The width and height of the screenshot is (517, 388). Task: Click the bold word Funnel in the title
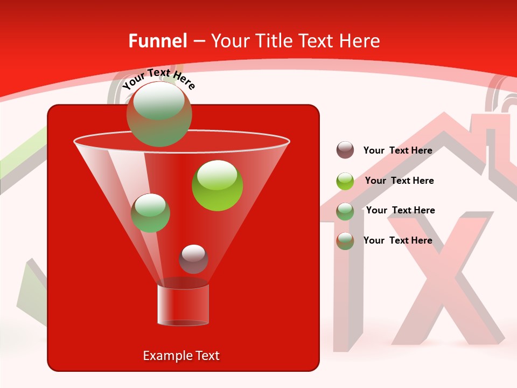[157, 41]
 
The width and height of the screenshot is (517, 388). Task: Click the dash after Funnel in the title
[198, 41]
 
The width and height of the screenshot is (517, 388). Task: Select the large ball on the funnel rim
[159, 114]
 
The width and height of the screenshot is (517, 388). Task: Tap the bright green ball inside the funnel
[217, 185]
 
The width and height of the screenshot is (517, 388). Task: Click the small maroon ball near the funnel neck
[193, 259]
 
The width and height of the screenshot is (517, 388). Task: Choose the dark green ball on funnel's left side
[150, 213]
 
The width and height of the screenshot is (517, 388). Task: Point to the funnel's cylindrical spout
[183, 304]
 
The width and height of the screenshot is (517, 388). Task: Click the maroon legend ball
[345, 150]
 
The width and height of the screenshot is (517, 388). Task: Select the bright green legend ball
[345, 181]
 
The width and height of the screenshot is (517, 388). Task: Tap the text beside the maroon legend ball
[397, 151]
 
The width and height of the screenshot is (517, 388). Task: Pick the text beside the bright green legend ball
[399, 181]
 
